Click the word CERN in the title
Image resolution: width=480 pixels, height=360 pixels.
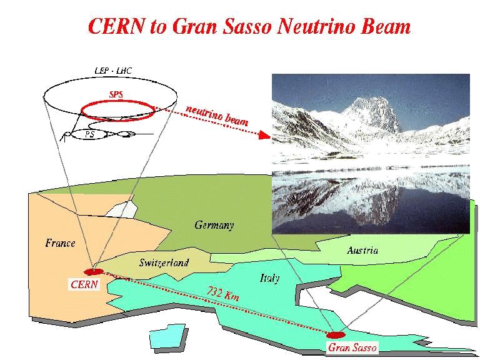116,26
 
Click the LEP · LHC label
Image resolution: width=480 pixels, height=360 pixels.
113,71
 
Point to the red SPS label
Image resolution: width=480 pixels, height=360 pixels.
116,94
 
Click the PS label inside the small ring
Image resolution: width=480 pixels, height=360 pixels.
90,134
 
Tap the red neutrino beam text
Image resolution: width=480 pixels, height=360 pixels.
217,116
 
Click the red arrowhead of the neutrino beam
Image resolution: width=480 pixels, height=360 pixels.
265,135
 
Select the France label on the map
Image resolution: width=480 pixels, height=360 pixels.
60,243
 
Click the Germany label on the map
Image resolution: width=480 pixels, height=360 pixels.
214,225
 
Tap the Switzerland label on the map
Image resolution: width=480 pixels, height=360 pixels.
164,262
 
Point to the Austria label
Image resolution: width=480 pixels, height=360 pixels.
362,251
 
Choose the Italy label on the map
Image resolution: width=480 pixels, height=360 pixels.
270,278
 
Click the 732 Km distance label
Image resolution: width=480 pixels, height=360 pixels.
222,294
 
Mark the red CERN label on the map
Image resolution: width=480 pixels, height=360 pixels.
84,284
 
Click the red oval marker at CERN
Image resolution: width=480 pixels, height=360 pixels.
94,271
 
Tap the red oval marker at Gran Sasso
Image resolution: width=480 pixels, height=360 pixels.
336,335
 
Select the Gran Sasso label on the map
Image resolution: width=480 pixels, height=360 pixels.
352,347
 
